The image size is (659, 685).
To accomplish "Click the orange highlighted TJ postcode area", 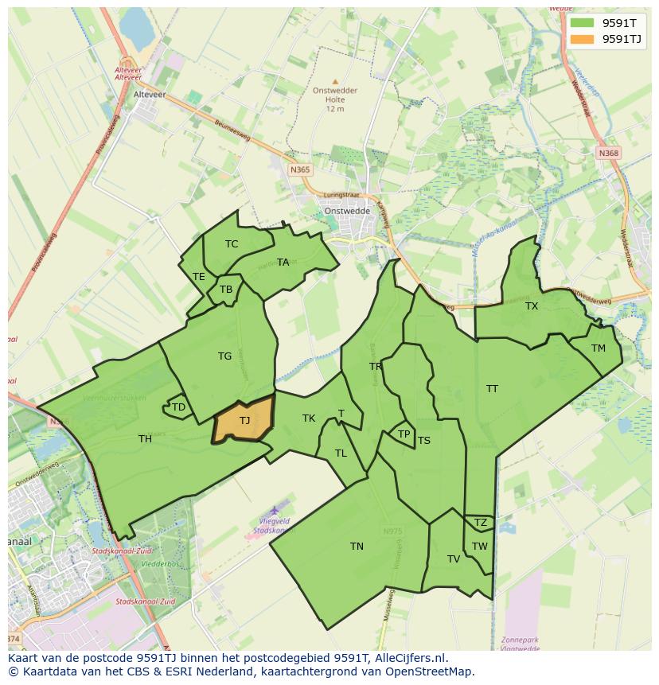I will click(x=244, y=420).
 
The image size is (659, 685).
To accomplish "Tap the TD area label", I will click(x=178, y=407).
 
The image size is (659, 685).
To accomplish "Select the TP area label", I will click(x=404, y=434).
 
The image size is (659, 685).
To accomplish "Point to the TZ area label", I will click(x=480, y=523).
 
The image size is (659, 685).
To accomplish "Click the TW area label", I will click(x=479, y=546).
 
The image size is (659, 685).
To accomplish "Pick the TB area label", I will click(x=226, y=290).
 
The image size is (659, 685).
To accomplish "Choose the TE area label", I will click(x=199, y=277).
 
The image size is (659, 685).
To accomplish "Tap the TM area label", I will click(x=598, y=348).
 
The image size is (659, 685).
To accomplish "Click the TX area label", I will click(x=532, y=306).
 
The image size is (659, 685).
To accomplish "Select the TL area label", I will click(x=341, y=453).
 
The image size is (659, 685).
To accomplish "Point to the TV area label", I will click(x=454, y=559).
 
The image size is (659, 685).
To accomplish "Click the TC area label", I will click(x=232, y=244).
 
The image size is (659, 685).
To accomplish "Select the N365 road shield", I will click(x=300, y=169).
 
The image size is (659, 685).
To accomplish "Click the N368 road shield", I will click(x=609, y=153).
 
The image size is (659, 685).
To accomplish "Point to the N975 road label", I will click(x=392, y=531).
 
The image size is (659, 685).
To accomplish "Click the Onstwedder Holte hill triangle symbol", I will click(x=335, y=81).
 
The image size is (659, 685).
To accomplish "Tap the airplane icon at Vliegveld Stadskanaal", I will click(x=275, y=509).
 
